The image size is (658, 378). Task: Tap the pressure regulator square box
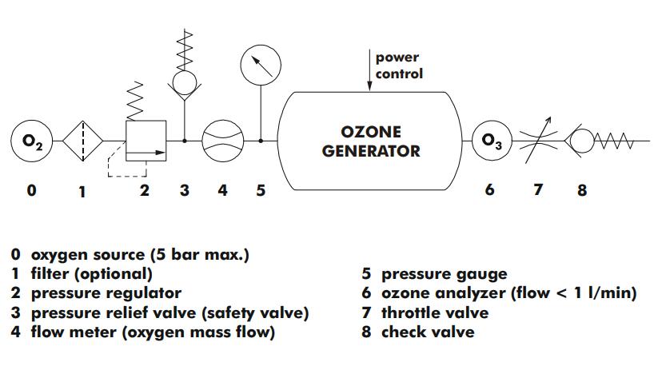pos(146,141)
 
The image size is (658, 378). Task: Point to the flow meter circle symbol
pos(221,141)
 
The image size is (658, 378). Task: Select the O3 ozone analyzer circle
pos(490,141)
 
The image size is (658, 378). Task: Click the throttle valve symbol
pos(538,141)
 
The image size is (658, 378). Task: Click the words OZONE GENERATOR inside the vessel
pos(370,141)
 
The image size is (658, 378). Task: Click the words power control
pos(399,66)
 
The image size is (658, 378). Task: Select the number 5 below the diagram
pos(261,190)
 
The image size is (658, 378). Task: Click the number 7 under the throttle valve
pos(538,189)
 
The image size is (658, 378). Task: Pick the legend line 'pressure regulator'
pos(106,293)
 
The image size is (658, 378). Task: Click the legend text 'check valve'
pos(427,332)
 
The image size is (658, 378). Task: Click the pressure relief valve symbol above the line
pos(185,77)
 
